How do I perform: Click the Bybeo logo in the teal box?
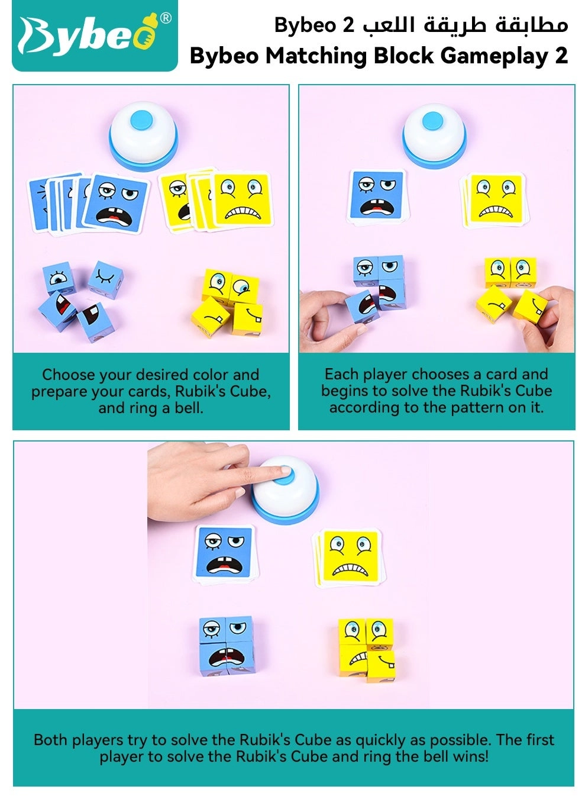(95, 36)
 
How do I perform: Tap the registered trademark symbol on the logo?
(166, 18)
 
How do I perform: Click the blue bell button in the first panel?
(141, 120)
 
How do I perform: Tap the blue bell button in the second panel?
(432, 121)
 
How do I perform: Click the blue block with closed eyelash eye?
(106, 279)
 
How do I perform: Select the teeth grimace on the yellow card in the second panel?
(496, 211)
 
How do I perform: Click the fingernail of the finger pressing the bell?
(286, 470)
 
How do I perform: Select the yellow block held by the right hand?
(530, 307)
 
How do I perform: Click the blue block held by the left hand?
(363, 305)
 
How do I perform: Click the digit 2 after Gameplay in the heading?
(561, 56)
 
